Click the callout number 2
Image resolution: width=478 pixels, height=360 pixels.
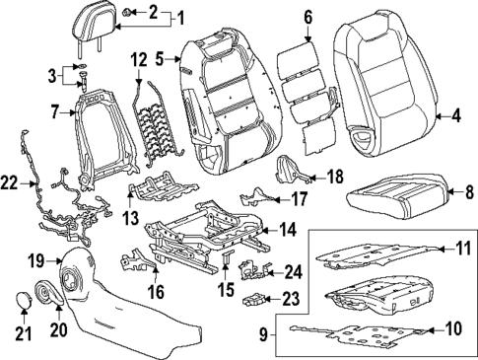tap(153, 13)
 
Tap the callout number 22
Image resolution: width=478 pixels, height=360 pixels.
tap(11, 183)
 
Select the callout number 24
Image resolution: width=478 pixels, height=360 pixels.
tap(293, 270)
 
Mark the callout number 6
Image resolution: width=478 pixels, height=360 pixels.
tap(307, 16)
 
